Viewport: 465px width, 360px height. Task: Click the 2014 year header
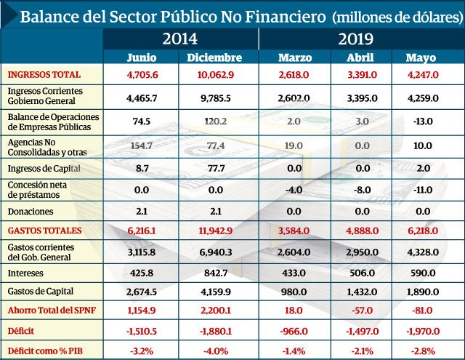tap(179, 39)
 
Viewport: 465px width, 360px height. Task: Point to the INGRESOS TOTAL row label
tap(44, 74)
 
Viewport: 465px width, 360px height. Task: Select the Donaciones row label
tap(31, 212)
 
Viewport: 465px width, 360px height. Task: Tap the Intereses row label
tap(27, 273)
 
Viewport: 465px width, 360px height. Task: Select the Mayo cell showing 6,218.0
tap(422, 231)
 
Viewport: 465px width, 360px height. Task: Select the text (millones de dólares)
tap(395, 15)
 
